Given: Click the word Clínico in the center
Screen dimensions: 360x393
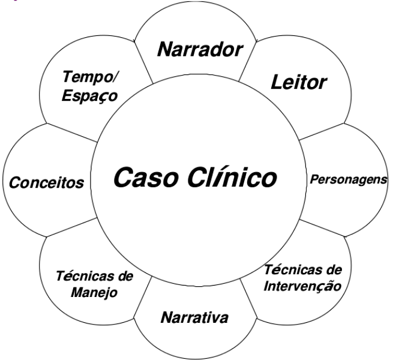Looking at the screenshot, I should pyautogui.click(x=232, y=178).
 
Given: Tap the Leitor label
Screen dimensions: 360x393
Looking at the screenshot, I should pyautogui.click(x=298, y=82).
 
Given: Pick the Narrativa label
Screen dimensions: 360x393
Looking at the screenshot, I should pyautogui.click(x=194, y=317).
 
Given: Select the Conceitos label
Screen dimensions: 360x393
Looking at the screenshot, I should pyautogui.click(x=46, y=183).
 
